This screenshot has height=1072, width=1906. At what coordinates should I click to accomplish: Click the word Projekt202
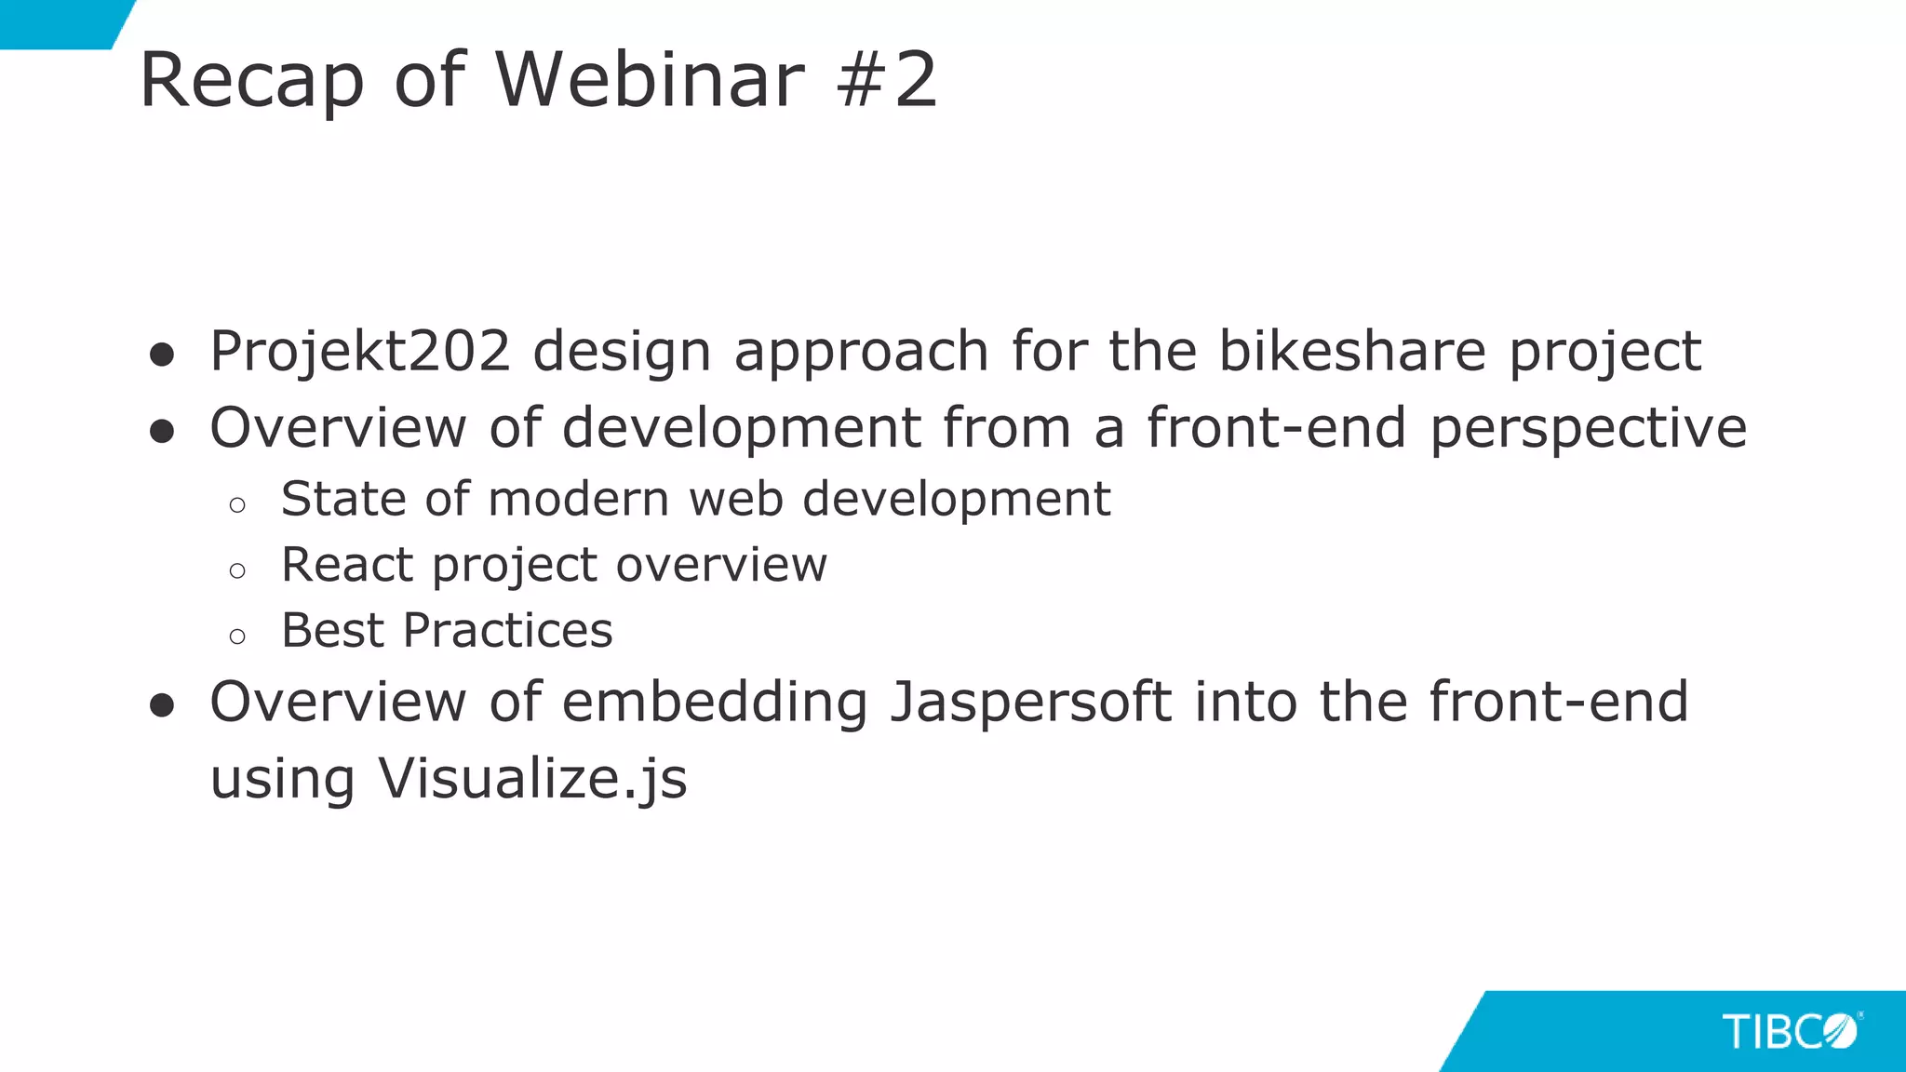(360, 352)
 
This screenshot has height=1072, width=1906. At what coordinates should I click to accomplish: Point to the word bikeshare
(1352, 352)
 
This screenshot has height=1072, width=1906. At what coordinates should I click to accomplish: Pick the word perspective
(1588, 428)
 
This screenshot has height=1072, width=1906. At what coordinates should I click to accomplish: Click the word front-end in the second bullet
(1276, 428)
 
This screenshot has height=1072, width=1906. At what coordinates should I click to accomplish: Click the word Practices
(508, 631)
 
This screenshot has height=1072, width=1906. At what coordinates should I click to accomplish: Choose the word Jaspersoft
(1031, 702)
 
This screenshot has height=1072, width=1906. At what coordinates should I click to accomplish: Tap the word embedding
(715, 702)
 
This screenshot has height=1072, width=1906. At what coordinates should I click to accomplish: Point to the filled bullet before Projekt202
(162, 355)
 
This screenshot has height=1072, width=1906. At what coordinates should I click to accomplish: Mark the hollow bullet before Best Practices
(237, 636)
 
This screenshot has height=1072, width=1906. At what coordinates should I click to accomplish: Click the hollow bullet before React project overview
(237, 570)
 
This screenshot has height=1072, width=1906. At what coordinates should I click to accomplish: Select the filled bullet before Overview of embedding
(162, 705)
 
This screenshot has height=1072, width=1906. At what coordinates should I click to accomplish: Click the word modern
(578, 499)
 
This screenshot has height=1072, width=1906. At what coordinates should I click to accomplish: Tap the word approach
(861, 352)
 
